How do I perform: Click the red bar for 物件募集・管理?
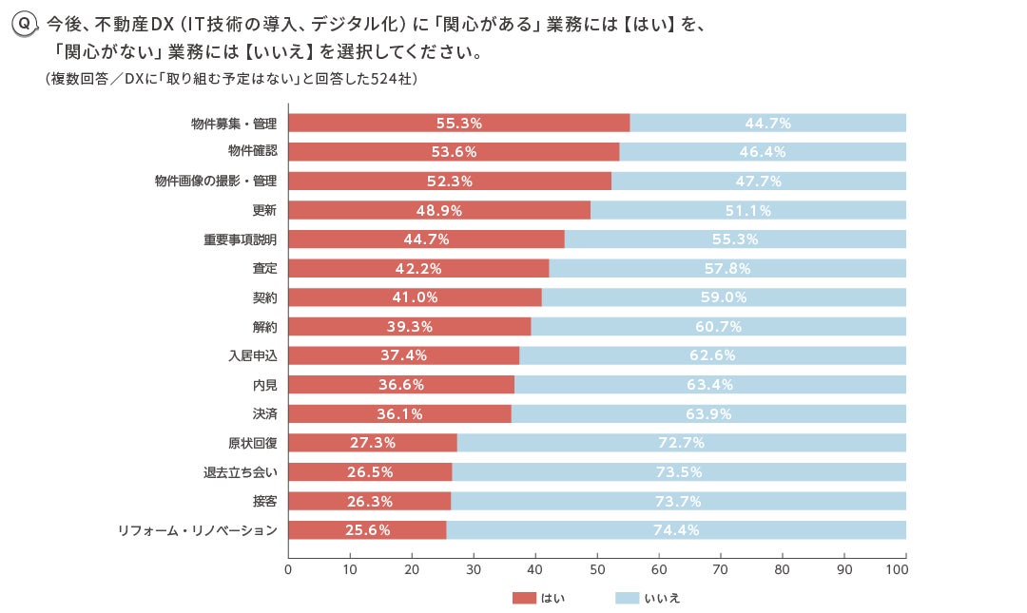[458, 123]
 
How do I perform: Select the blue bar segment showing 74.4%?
[676, 530]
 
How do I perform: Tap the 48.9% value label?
[440, 211]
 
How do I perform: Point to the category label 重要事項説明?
[240, 239]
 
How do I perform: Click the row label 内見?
[264, 385]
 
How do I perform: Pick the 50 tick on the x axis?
[597, 569]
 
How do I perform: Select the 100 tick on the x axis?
[897, 569]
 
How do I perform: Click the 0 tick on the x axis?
[288, 569]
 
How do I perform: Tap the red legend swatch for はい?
[524, 598]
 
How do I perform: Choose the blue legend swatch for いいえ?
[627, 598]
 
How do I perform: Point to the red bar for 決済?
[399, 414]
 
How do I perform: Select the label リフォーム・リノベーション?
[197, 530]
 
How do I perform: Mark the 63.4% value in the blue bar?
[709, 385]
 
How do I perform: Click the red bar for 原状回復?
[372, 443]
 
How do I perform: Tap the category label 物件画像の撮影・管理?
[216, 182]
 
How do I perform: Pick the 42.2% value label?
[418, 269]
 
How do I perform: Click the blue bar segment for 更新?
[747, 211]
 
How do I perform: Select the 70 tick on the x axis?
[721, 569]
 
